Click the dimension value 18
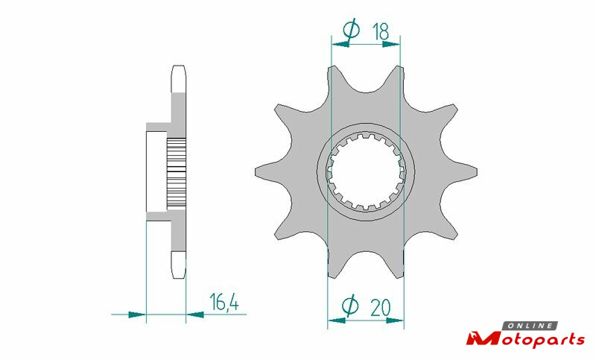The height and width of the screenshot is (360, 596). pyautogui.click(x=381, y=31)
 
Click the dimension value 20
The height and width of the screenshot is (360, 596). pyautogui.click(x=380, y=308)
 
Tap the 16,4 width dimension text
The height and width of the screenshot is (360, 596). pyautogui.click(x=224, y=303)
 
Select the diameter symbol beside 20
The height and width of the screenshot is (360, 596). pyautogui.click(x=349, y=306)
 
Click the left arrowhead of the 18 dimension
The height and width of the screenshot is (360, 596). pyautogui.click(x=340, y=45)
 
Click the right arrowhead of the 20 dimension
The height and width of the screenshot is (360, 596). pyautogui.click(x=395, y=320)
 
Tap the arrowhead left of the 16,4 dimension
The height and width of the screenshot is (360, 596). pyautogui.click(x=137, y=315)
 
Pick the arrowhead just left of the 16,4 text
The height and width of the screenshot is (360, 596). pyautogui.click(x=195, y=315)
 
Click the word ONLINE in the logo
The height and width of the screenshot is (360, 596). pyautogui.click(x=530, y=326)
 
